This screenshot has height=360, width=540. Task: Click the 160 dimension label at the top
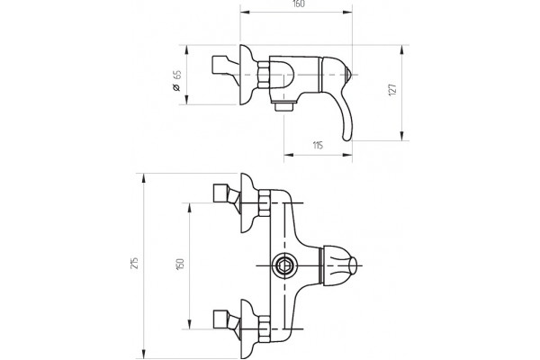pyautogui.click(x=298, y=4)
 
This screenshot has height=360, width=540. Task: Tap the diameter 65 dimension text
pyautogui.click(x=176, y=81)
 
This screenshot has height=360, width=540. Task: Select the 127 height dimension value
pyautogui.click(x=392, y=90)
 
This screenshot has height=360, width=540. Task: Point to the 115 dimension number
pyautogui.click(x=318, y=146)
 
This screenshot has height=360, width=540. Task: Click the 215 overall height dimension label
pyautogui.click(x=135, y=263)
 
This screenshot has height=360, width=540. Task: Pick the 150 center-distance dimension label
pyautogui.click(x=180, y=264)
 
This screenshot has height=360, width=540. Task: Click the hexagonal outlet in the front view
pyautogui.click(x=283, y=265)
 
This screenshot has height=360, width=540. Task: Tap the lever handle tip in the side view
pyautogui.click(x=346, y=137)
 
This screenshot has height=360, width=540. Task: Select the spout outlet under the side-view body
pyautogui.click(x=283, y=105)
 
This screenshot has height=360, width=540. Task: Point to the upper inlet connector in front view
pyautogui.click(x=226, y=195)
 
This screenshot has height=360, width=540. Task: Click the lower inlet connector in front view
pyautogui.click(x=226, y=321)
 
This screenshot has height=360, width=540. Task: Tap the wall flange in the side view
pyautogui.click(x=248, y=75)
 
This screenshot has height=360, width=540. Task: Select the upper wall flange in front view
pyautogui.click(x=248, y=202)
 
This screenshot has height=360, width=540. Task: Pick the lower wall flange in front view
pyautogui.click(x=248, y=329)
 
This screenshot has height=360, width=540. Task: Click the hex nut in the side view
pyautogui.click(x=264, y=75)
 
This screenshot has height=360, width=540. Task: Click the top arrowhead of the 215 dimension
pyautogui.click(x=144, y=179)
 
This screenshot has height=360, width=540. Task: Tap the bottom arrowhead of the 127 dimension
pyautogui.click(x=402, y=135)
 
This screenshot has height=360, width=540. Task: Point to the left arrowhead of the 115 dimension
pyautogui.click(x=289, y=155)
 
